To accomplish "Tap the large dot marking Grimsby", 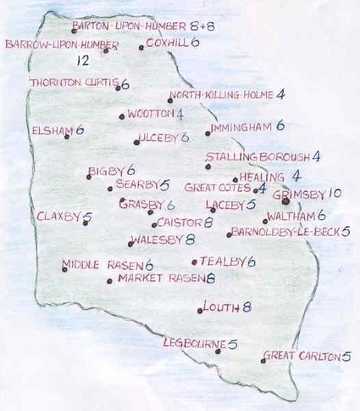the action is pyautogui.click(x=285, y=201).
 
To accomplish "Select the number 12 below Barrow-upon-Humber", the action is pyautogui.click(x=83, y=61).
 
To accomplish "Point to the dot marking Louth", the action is pyautogui.click(x=200, y=311).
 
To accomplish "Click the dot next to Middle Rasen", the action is pyautogui.click(x=64, y=269).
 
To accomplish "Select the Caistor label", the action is pyautogui.click(x=179, y=223).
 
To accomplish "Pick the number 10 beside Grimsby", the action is pyautogui.click(x=334, y=194).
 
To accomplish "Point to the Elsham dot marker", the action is pyautogui.click(x=66, y=136).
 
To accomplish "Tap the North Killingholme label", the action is pyautogui.click(x=223, y=95).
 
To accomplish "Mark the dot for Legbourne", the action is pyautogui.click(x=218, y=351).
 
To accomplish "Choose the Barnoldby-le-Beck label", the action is pyautogui.click(x=285, y=232).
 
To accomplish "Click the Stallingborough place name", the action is pyautogui.click(x=257, y=157).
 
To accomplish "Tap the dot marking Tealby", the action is pyautogui.click(x=194, y=262).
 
